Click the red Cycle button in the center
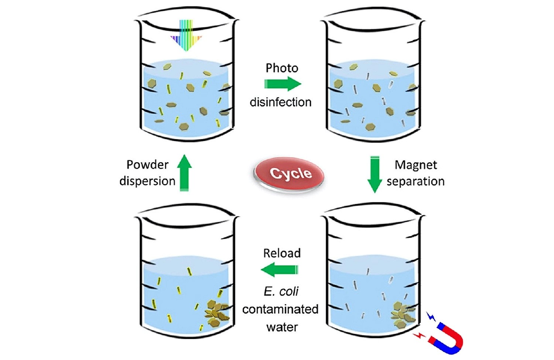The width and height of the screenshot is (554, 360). tap(289, 174)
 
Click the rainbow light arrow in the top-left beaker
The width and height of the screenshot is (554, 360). tap(186, 35)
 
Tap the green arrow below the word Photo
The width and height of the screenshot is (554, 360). tap(283, 84)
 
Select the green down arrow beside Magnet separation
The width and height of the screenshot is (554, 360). tap(375, 174)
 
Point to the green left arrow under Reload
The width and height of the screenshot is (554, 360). tap(280, 270)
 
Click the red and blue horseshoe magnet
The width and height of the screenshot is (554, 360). tap(447, 338)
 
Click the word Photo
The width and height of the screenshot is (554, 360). tap(282, 68)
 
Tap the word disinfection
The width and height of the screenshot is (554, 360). tap(280, 102)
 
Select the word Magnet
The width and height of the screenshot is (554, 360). tap(416, 165)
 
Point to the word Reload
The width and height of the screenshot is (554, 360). tap(282, 253)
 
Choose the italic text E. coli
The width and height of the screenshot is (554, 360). tap(281, 292)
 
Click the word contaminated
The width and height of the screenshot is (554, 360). tap(280, 309)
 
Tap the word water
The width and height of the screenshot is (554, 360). tap(282, 327)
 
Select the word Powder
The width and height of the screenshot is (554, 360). tap(147, 164)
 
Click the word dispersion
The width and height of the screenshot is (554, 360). tap(147, 181)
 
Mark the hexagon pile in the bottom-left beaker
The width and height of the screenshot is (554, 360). tap(217, 313)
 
